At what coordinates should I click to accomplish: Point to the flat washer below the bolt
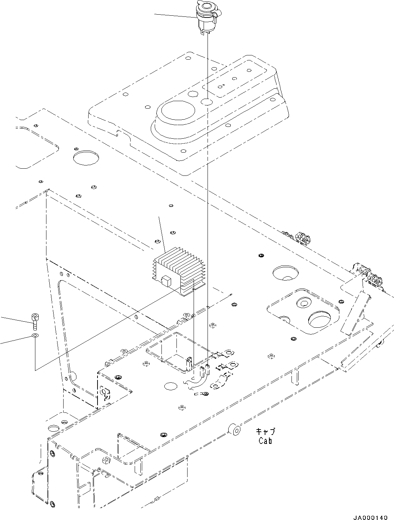(35, 336)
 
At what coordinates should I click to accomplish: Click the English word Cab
(265, 441)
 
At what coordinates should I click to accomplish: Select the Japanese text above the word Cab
(265, 432)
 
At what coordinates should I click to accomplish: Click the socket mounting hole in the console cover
(206, 102)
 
